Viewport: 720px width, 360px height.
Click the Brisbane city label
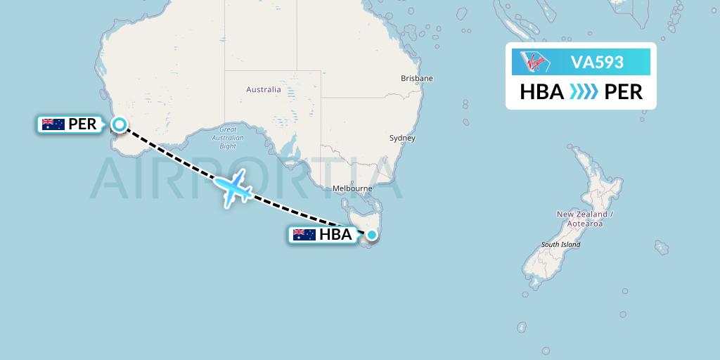pyautogui.click(x=417, y=78)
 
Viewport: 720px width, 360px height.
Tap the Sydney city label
pyautogui.click(x=402, y=139)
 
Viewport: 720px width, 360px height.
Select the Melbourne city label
pyautogui.click(x=352, y=188)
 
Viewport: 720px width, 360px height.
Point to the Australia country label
pyautogui.click(x=264, y=89)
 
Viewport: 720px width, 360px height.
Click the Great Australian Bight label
pyautogui.click(x=228, y=138)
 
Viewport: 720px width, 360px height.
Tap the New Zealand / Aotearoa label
pyautogui.click(x=585, y=219)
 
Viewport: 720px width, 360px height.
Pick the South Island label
pyautogui.click(x=560, y=245)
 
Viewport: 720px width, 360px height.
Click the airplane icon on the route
pyautogui.click(x=233, y=187)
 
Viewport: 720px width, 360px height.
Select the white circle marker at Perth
pyautogui.click(x=120, y=125)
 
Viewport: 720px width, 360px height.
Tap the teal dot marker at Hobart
pyautogui.click(x=372, y=236)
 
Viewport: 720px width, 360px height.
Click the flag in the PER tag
pyautogui.click(x=53, y=125)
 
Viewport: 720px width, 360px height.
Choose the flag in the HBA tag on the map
pyautogui.click(x=304, y=235)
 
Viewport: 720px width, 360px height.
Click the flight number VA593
pyautogui.click(x=597, y=62)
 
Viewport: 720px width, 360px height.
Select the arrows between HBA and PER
pyautogui.click(x=584, y=92)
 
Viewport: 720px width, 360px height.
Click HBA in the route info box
pyautogui.click(x=542, y=92)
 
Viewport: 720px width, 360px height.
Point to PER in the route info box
pyautogui.click(x=624, y=92)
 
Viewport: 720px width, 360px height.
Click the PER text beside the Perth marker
pyautogui.click(x=82, y=125)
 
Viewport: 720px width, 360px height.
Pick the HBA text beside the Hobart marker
pyautogui.click(x=335, y=235)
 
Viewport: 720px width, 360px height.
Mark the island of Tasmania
pyautogui.click(x=361, y=214)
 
